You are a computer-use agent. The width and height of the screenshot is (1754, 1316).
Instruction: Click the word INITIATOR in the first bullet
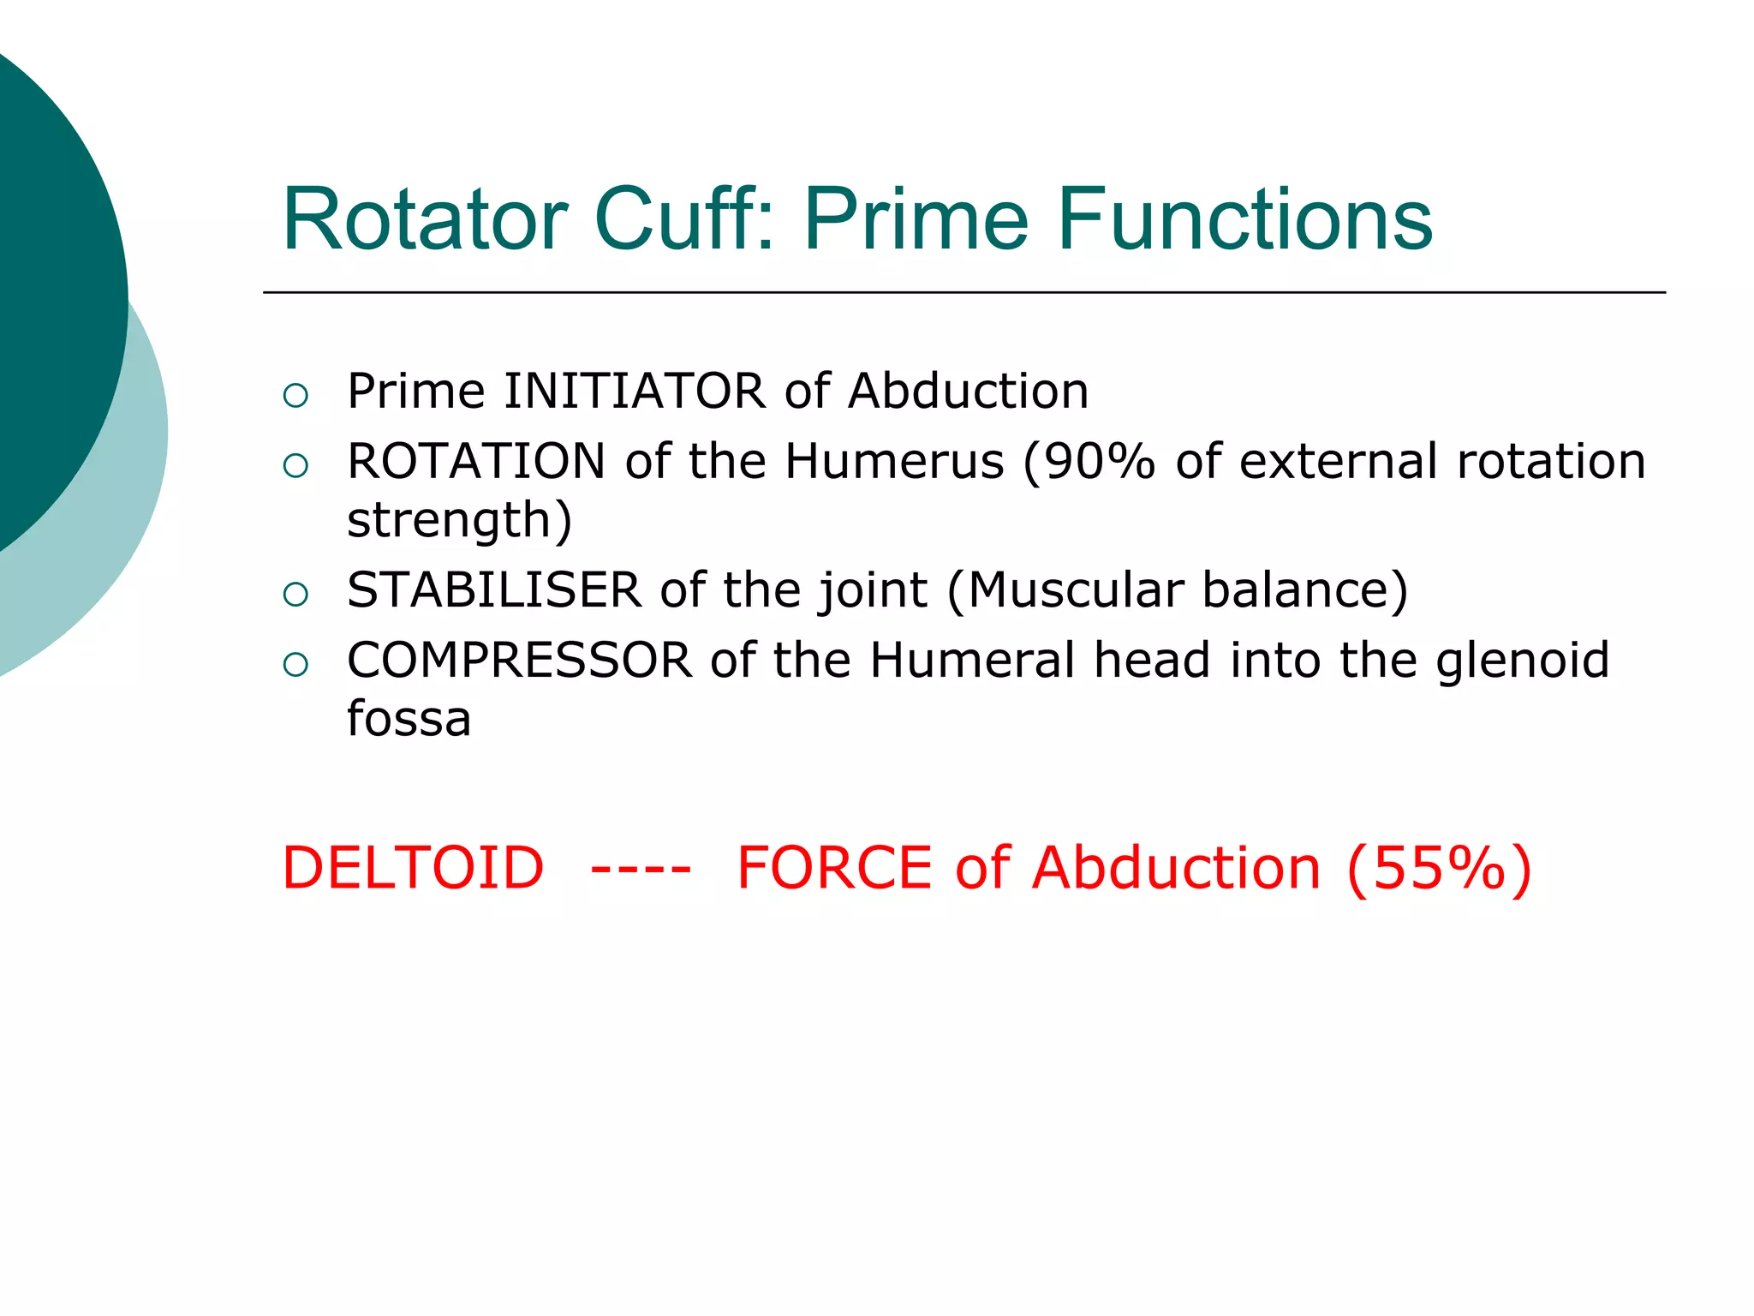pos(634,392)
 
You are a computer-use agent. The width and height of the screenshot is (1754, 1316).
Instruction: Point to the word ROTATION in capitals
pos(476,462)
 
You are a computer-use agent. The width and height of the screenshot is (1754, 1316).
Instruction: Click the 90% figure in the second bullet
pos(1099,462)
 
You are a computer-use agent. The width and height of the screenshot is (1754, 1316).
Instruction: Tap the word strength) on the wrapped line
pos(459,520)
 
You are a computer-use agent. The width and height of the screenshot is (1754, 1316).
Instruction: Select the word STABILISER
pos(494,590)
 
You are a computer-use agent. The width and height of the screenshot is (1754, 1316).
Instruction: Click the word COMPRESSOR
pos(519,661)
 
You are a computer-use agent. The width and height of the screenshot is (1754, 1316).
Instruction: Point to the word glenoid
pos(1523,661)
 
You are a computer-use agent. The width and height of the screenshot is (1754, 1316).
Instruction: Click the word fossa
pos(409,719)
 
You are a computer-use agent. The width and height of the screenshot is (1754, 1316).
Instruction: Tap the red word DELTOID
pos(413,868)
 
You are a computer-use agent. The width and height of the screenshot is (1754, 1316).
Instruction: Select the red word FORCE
pos(834,868)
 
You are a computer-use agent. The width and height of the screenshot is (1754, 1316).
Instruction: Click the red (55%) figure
pos(1439,868)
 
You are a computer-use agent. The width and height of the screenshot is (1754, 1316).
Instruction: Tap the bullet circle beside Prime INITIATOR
pos(295,395)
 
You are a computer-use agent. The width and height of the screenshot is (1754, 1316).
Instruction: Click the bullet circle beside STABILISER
pos(295,594)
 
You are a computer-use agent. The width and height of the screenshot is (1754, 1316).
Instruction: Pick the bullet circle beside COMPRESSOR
pos(295,664)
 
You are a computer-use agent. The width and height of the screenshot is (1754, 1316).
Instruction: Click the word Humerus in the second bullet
pos(894,462)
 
